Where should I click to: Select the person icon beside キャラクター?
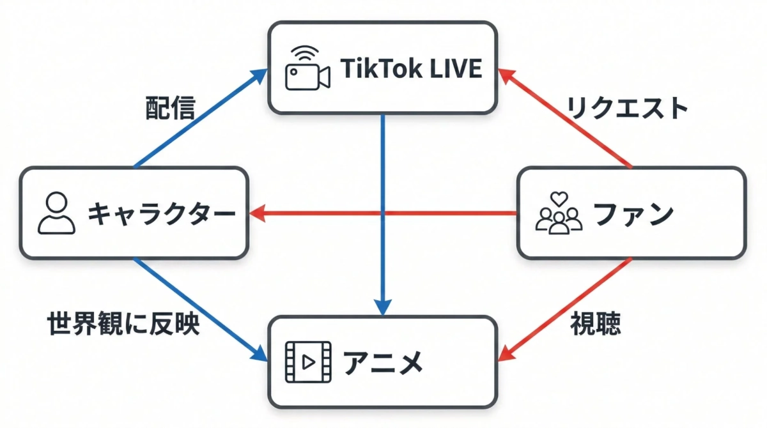(x=57, y=213)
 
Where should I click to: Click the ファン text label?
(x=633, y=213)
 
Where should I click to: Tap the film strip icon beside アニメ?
(x=308, y=362)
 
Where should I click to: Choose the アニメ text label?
(x=383, y=362)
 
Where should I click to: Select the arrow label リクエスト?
(x=628, y=109)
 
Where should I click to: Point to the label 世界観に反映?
(x=124, y=325)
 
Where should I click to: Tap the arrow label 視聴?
(x=595, y=325)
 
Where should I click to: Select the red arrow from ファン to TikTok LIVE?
(x=566, y=118)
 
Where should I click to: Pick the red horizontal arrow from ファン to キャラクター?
(x=383, y=213)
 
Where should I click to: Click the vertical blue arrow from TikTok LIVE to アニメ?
(x=382, y=211)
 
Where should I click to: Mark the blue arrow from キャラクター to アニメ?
(x=198, y=307)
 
